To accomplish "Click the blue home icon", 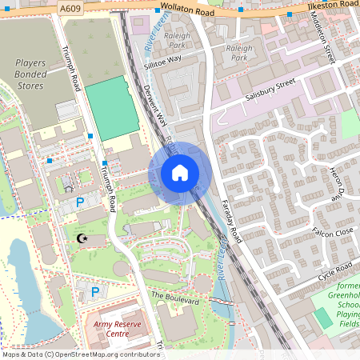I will [180, 173].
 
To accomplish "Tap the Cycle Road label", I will [334, 270].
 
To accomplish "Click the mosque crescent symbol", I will [80, 238].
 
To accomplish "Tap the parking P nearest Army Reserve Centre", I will [94, 292].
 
